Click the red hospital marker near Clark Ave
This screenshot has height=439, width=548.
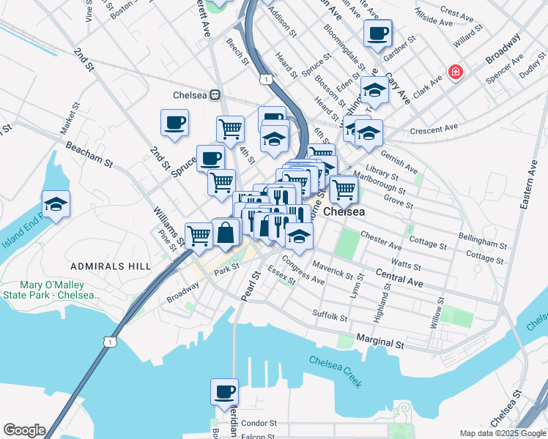tap(456, 72)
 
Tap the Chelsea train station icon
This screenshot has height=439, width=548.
tap(216, 94)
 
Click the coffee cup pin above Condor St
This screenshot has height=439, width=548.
tap(224, 391)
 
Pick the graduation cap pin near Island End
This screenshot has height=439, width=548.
tap(56, 206)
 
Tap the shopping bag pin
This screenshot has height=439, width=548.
tap(226, 233)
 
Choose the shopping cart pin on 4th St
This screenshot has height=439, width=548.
tap(230, 130)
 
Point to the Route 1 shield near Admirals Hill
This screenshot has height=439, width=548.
tap(109, 342)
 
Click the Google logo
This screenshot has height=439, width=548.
tap(24, 430)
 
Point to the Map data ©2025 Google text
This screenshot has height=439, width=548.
tap(501, 433)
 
